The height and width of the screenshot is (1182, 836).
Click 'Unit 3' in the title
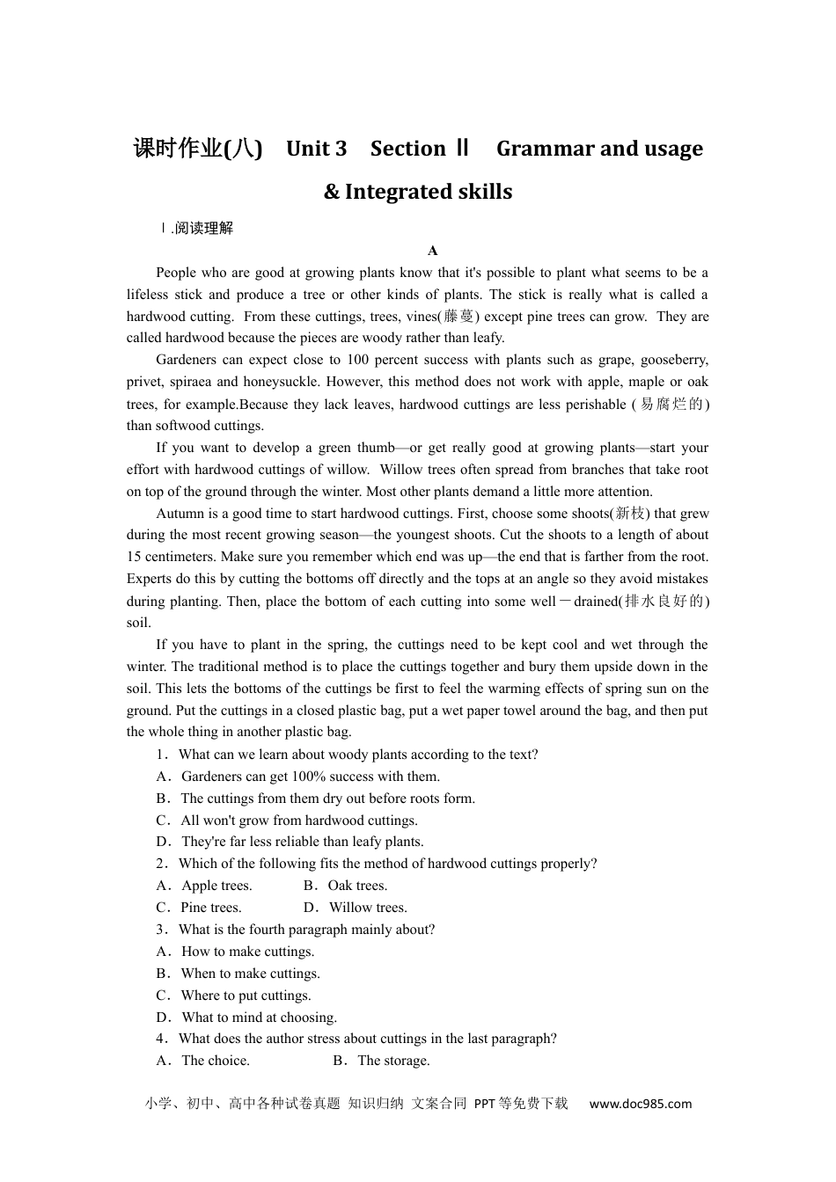[x=316, y=149]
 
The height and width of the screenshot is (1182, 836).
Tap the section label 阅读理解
[x=203, y=229]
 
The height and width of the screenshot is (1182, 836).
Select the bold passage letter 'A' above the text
[x=432, y=251]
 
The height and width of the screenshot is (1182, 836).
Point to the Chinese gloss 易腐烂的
[x=671, y=405]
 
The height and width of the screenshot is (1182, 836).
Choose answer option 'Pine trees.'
[x=211, y=908]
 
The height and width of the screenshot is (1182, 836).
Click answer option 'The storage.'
[x=393, y=1061]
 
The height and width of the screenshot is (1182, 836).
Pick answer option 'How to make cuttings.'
[x=247, y=952]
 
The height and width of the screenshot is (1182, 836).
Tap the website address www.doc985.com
[x=640, y=1104]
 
